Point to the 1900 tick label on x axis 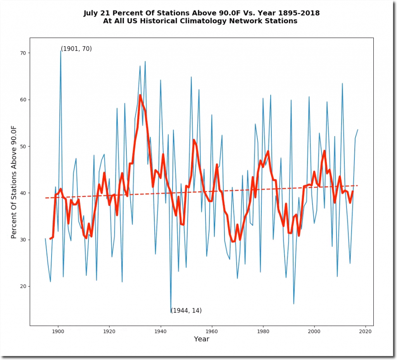pos(58,332)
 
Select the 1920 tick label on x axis pos(109,332)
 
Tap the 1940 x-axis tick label pos(161,332)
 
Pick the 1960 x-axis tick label pos(212,332)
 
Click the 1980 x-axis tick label pos(263,332)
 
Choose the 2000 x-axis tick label pos(314,332)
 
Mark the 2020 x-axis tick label pos(366,332)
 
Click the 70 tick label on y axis pos(22,53)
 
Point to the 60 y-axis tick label pos(22,100)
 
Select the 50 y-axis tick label pos(22,146)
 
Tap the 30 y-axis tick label pos(22,240)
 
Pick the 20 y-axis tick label pos(22,286)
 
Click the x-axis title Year pos(202,339)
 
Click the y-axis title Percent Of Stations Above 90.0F pos(14,182)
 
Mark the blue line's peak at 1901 pos(61,50)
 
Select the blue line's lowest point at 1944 pos(171,312)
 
